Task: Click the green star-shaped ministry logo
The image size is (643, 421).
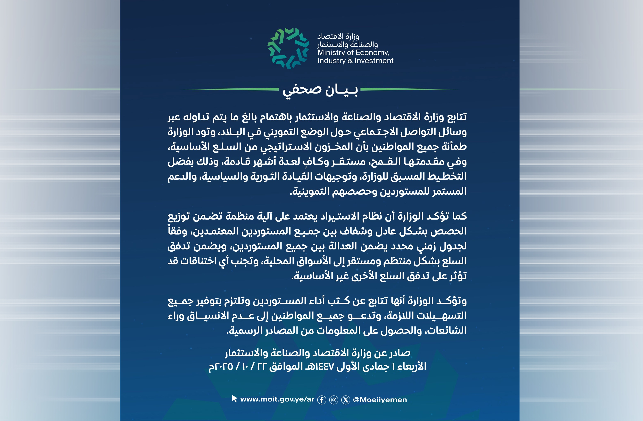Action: coord(288,49)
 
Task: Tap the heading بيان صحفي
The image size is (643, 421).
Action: coord(320,90)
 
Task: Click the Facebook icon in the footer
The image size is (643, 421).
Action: coord(321,400)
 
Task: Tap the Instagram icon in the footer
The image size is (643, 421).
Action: coord(334,400)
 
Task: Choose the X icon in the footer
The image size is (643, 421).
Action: coord(345,400)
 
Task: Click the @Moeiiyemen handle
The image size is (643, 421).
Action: coord(380,400)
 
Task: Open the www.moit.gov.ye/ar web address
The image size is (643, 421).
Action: coord(277,399)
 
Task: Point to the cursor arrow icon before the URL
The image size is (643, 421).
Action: coord(234,399)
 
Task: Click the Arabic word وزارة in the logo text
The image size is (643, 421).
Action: coord(351,36)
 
